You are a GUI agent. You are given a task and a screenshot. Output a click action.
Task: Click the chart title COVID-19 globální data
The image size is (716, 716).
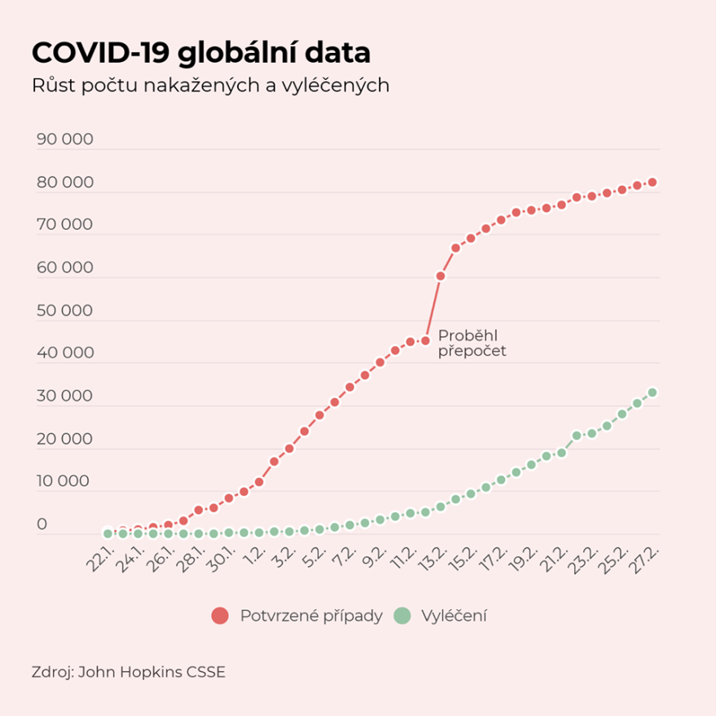(x=200, y=53)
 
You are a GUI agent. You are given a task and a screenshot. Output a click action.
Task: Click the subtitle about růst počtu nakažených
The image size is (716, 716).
(x=210, y=86)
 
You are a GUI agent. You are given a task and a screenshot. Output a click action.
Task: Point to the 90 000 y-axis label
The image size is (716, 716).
(x=65, y=139)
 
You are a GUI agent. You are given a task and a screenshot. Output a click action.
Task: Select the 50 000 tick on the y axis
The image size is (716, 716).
(x=65, y=310)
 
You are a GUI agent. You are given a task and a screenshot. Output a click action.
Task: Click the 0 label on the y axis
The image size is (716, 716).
(x=42, y=524)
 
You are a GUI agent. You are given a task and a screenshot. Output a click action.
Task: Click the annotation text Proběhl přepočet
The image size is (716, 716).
(x=472, y=344)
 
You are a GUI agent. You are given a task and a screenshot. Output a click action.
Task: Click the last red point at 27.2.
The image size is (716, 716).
(x=652, y=182)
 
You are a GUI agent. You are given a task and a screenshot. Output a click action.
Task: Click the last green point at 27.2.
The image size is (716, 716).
(x=652, y=393)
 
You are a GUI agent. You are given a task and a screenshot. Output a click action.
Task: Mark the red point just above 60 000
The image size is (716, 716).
(x=441, y=276)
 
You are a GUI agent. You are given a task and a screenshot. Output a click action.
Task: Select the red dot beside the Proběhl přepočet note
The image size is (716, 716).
(x=425, y=340)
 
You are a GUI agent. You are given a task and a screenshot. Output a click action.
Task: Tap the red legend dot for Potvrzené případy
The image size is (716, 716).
(x=220, y=616)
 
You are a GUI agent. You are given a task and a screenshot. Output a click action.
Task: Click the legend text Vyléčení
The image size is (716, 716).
(x=455, y=616)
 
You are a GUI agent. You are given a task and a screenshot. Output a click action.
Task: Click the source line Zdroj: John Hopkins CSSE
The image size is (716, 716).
(x=128, y=673)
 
